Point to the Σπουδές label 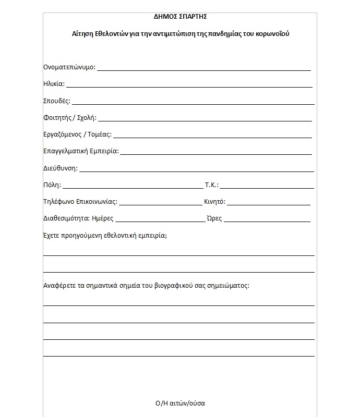(57, 101)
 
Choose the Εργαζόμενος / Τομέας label (77, 134)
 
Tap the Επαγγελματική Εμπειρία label (81, 152)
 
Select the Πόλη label (52, 185)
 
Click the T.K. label (212, 185)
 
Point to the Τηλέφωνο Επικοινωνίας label (80, 202)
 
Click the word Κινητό (214, 202)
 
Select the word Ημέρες (103, 219)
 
